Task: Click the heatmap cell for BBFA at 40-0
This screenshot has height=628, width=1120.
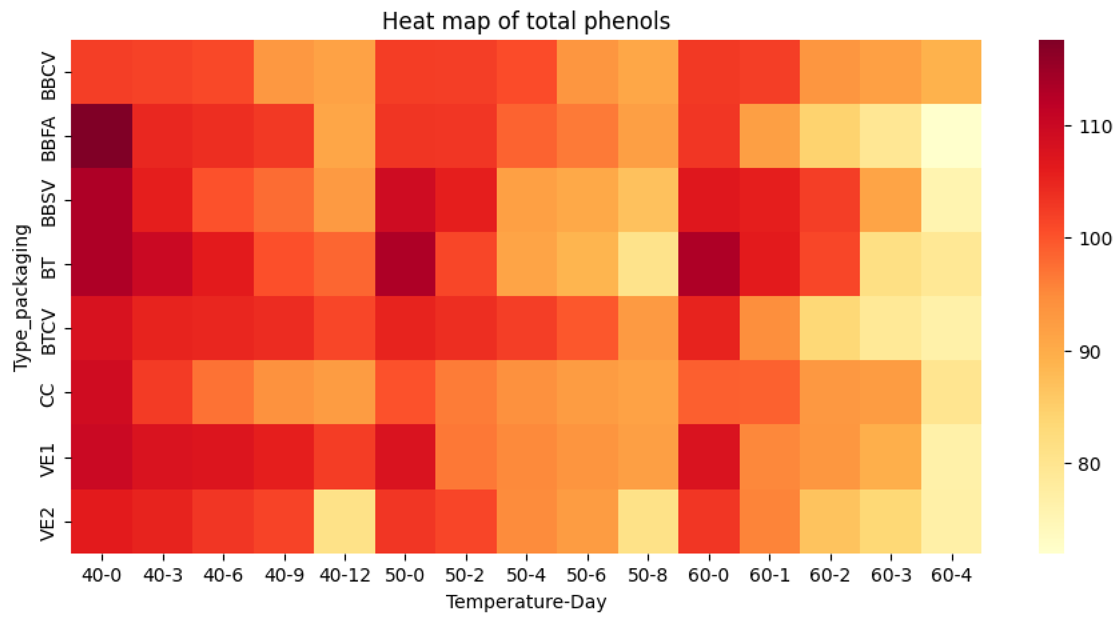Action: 101,136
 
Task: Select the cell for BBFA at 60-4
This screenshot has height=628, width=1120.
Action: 951,136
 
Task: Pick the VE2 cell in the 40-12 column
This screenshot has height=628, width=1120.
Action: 344,521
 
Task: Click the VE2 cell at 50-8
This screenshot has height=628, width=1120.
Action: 648,521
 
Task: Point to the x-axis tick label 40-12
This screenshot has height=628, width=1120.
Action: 344,575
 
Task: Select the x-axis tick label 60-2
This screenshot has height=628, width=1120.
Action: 830,575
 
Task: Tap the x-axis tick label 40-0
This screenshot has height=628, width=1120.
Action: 101,575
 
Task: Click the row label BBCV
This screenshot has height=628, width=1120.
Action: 48,77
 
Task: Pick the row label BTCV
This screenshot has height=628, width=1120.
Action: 48,332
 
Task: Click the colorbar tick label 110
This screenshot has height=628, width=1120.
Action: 1095,127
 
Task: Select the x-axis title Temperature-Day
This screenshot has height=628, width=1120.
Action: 526,602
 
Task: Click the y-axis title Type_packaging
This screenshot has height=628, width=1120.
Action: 22,298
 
